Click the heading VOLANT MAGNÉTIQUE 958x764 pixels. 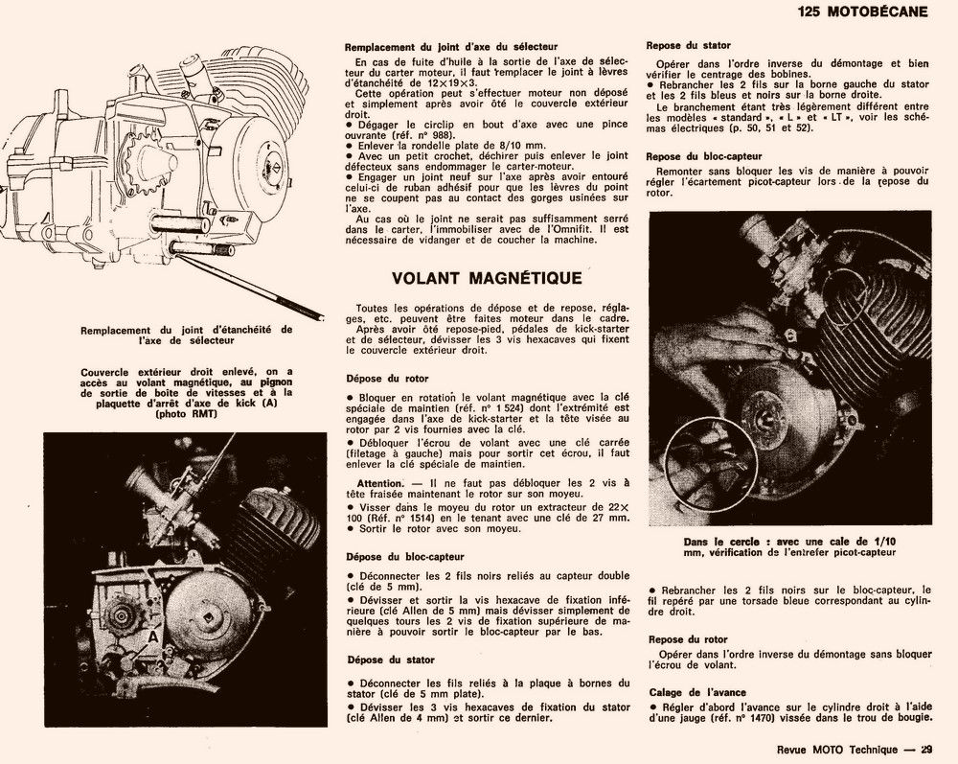coord(488,278)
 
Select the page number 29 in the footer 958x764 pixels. coord(926,751)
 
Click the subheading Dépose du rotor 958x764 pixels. coord(387,379)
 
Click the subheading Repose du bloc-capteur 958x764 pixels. coord(704,156)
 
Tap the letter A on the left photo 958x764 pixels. coord(152,635)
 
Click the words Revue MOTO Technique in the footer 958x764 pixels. coord(825,751)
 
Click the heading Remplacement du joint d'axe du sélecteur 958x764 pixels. coord(449,46)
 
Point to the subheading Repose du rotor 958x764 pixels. coord(687,639)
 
